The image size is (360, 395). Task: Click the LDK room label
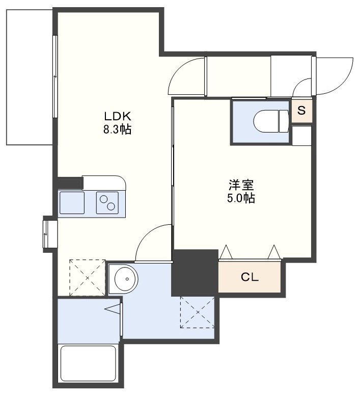(x=118, y=116)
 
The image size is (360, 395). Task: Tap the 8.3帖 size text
(x=117, y=129)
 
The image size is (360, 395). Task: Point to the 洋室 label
(x=241, y=185)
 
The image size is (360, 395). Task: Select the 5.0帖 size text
(x=241, y=198)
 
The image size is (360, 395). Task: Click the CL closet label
(x=250, y=277)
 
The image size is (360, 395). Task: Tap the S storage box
(x=302, y=111)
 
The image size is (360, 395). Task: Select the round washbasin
(x=126, y=279)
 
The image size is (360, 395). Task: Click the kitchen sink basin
(x=72, y=203)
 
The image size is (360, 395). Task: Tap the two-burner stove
(x=107, y=203)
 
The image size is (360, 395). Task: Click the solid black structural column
(x=195, y=273)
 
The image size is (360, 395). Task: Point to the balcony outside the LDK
(x=30, y=77)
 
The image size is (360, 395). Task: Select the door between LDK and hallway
(x=187, y=76)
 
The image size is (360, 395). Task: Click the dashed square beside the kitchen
(x=87, y=278)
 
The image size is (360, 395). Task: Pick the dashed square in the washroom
(x=198, y=312)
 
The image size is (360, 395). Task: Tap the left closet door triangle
(x=226, y=252)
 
